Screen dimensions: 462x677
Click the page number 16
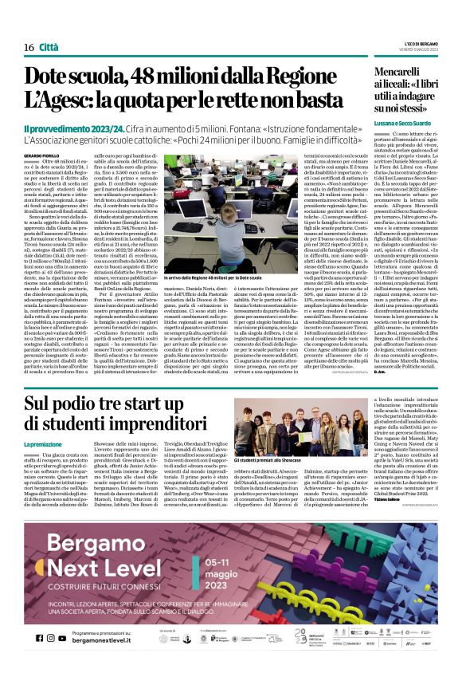pyautogui.click(x=28, y=48)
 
